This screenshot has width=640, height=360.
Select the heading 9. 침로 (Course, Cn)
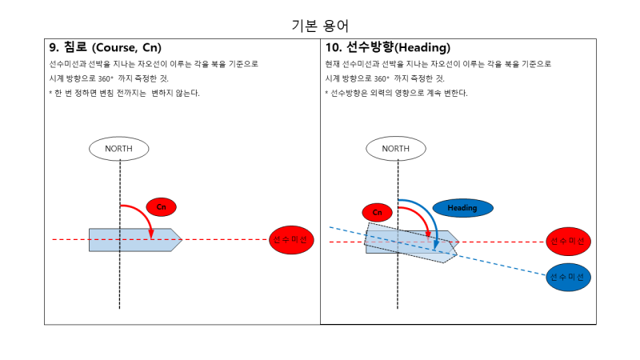point(111,47)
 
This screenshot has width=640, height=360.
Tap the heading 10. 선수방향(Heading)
point(387,47)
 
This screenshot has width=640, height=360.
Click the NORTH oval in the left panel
point(118,148)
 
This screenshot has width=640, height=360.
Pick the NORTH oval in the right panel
point(395,148)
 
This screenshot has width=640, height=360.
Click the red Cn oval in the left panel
point(161,207)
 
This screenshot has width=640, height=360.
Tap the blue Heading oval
point(462,208)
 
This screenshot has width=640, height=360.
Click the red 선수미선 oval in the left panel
point(291,240)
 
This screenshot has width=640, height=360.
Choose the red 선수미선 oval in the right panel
point(569,241)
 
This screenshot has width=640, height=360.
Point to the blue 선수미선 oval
point(569,276)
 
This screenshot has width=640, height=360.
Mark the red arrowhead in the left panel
point(150,234)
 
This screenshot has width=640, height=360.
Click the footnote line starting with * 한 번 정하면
point(124,93)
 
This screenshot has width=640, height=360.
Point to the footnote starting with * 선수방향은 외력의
point(396,93)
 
